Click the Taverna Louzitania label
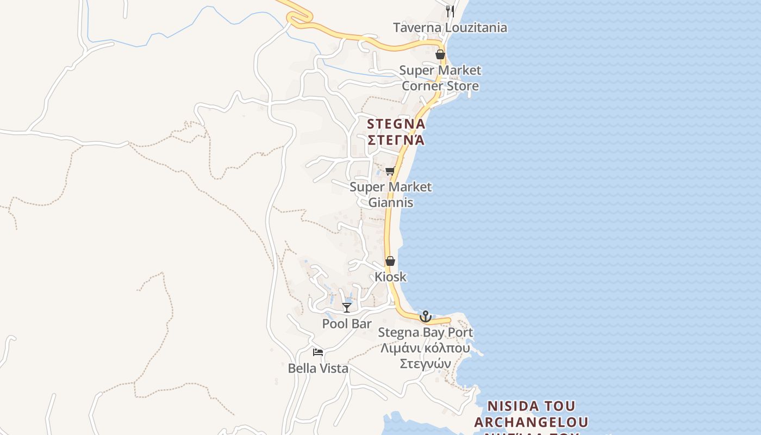[x=450, y=28]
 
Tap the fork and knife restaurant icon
[x=450, y=11]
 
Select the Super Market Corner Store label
[x=440, y=78]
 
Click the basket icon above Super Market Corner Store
[x=440, y=54]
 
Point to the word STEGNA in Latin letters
[x=396, y=124]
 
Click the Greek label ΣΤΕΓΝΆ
[x=396, y=140]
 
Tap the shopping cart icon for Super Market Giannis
[x=390, y=171]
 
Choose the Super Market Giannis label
[x=391, y=195]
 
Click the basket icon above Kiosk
[x=390, y=261]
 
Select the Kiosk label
[x=390, y=277]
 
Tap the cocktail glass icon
[x=347, y=308]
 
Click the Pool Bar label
[x=347, y=324]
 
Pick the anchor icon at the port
[x=426, y=316]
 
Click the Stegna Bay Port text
[x=426, y=332]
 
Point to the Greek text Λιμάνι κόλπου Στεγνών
[x=426, y=356]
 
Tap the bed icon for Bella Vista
[x=318, y=352]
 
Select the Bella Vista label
[x=318, y=368]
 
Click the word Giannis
[x=391, y=203]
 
